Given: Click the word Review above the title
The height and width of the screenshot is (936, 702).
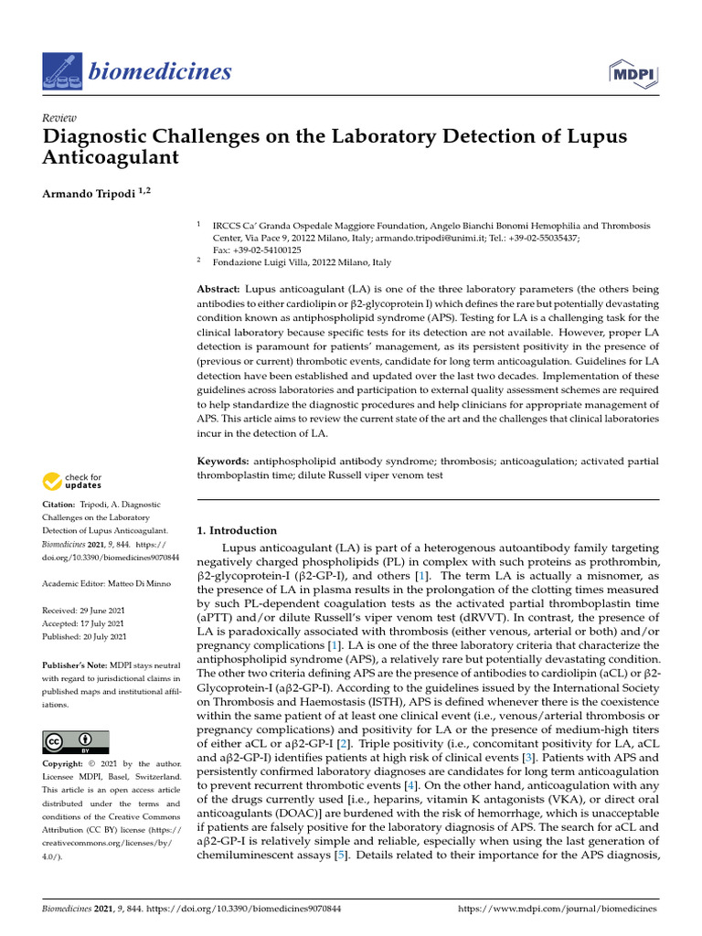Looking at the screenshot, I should [59, 118].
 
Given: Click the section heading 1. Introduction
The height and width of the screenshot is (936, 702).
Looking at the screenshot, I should [237, 530].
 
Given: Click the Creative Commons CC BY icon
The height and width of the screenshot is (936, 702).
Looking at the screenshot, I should [75, 740].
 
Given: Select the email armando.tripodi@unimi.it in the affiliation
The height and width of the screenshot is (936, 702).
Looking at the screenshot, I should [397, 237].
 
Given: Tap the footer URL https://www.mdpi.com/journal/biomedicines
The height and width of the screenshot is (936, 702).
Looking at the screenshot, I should [557, 909].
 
